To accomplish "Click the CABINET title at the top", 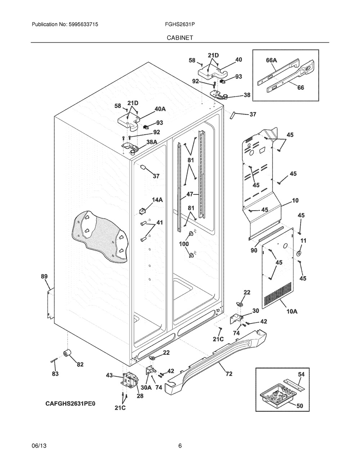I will pyautogui.click(x=180, y=37).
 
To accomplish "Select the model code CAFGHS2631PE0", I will pyautogui.click(x=71, y=404).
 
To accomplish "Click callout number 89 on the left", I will pyautogui.click(x=44, y=277).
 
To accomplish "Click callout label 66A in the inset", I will pyautogui.click(x=271, y=61).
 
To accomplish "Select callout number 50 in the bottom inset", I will pyautogui.click(x=299, y=406).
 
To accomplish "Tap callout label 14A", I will pyautogui.click(x=157, y=200).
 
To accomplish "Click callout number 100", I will pyautogui.click(x=184, y=244).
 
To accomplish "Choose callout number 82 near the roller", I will pyautogui.click(x=80, y=364).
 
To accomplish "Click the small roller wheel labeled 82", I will pyautogui.click(x=66, y=354).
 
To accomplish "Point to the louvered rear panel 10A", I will pyautogui.click(x=281, y=274).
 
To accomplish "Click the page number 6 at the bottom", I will pyautogui.click(x=180, y=446).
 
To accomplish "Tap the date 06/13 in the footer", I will pyautogui.click(x=39, y=446).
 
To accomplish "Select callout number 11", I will pyautogui.click(x=303, y=241).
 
